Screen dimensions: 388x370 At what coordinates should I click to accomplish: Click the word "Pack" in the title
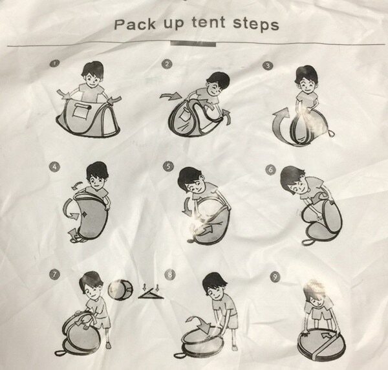tap(135, 25)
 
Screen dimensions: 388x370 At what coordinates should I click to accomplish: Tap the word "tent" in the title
tap(209, 23)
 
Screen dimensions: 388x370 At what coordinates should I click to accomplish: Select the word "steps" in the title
tap(256, 25)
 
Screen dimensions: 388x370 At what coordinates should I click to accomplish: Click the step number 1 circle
tap(55, 63)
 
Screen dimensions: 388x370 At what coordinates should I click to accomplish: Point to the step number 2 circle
tap(167, 64)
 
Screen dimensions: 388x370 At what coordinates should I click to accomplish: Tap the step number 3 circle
tap(268, 65)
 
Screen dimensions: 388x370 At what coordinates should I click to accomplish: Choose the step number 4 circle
tap(55, 167)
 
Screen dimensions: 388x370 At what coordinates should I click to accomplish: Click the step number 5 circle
tap(168, 166)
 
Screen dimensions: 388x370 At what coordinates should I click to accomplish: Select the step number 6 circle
tap(270, 169)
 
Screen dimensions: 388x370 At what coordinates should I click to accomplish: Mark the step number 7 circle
tap(55, 274)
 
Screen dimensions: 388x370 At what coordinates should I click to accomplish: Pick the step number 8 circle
tap(169, 274)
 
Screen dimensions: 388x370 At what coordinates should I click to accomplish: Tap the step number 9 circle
tap(275, 276)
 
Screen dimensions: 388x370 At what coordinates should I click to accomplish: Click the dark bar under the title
tap(193, 44)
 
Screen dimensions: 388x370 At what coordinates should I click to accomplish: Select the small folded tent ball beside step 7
tap(120, 290)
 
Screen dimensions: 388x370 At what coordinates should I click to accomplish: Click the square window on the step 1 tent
tap(80, 111)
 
